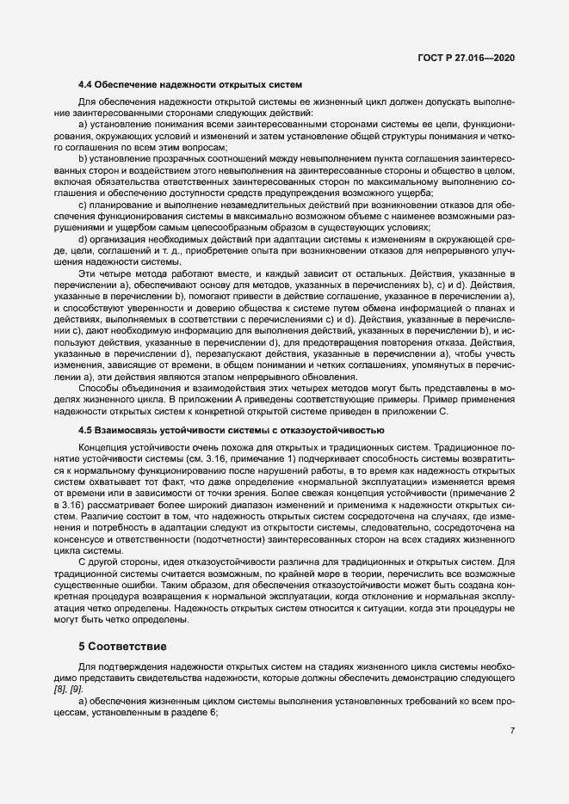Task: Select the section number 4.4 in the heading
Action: [x=85, y=84]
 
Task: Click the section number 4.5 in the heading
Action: [x=85, y=429]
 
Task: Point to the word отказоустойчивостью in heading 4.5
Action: [x=337, y=429]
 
